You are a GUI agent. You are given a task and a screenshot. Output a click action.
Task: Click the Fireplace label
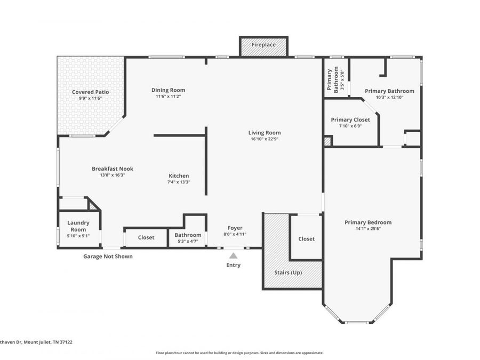tap(263, 45)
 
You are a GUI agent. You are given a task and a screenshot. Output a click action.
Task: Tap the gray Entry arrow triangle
tap(233, 255)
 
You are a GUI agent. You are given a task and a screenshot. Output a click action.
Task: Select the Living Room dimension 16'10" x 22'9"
tap(265, 139)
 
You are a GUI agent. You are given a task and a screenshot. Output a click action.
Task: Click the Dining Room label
tap(169, 90)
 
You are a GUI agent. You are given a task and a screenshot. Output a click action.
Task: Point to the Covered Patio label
tap(90, 92)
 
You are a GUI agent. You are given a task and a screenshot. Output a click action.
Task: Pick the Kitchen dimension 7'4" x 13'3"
tap(179, 182)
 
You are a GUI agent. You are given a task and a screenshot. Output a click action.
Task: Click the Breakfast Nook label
tap(113, 169)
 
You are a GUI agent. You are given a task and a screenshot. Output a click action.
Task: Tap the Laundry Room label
tap(78, 226)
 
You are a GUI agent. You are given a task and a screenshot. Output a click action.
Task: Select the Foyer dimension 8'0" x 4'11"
tap(235, 234)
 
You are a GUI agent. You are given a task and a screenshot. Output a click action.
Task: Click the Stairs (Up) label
tap(288, 273)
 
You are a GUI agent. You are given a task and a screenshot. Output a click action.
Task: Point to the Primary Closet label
tap(350, 119)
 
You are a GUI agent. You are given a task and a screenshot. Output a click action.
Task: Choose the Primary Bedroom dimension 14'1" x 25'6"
tap(368, 229)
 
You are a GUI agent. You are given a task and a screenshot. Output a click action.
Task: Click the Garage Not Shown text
tap(108, 257)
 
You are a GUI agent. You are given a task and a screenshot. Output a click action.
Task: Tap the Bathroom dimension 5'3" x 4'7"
tap(188, 241)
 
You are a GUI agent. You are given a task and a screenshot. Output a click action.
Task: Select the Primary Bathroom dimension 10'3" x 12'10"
tap(390, 98)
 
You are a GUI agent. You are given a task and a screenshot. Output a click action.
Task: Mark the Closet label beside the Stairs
tap(307, 239)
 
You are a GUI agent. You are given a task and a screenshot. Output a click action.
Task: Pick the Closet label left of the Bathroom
tap(146, 237)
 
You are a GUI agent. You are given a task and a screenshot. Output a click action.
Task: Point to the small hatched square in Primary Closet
tap(327, 141)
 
